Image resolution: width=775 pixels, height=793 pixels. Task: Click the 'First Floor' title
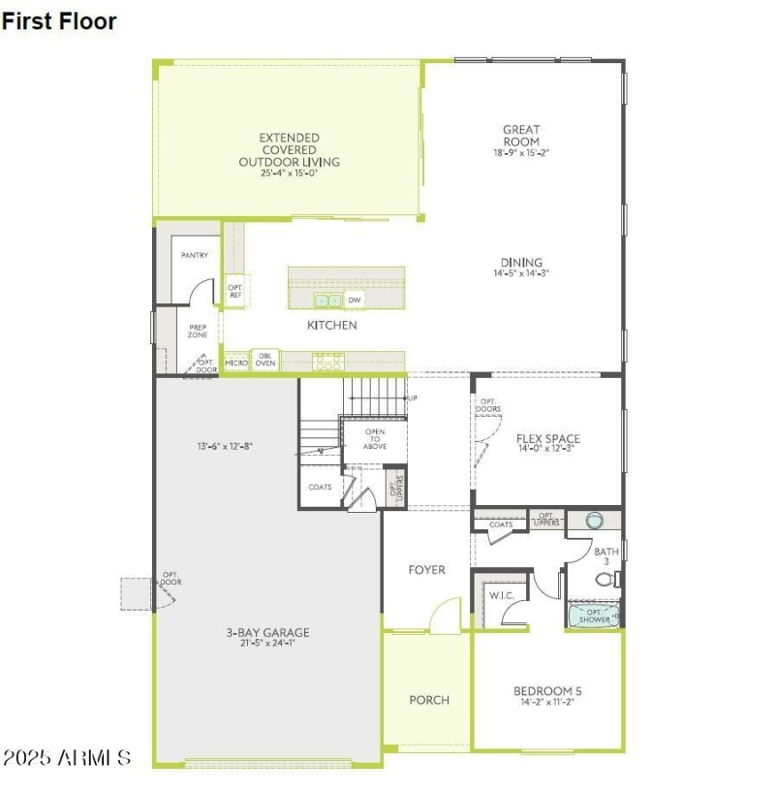pyautogui.click(x=59, y=21)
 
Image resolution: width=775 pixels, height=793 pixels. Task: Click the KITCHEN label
pyautogui.click(x=332, y=326)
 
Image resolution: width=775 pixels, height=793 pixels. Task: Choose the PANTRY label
pyautogui.click(x=196, y=255)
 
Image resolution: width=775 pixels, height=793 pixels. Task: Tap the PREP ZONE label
pyautogui.click(x=198, y=332)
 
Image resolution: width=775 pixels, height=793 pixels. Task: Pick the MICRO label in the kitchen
pyautogui.click(x=235, y=363)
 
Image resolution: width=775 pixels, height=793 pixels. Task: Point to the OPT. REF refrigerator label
pyautogui.click(x=234, y=291)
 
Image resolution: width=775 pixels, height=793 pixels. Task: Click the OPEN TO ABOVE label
pyautogui.click(x=375, y=439)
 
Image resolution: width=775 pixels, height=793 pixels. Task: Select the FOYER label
pyautogui.click(x=426, y=570)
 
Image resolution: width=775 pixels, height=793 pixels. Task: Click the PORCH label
pyautogui.click(x=429, y=700)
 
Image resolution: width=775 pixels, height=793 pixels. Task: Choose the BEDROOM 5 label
pyautogui.click(x=547, y=696)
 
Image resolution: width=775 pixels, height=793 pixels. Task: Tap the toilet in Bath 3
pyautogui.click(x=605, y=580)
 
